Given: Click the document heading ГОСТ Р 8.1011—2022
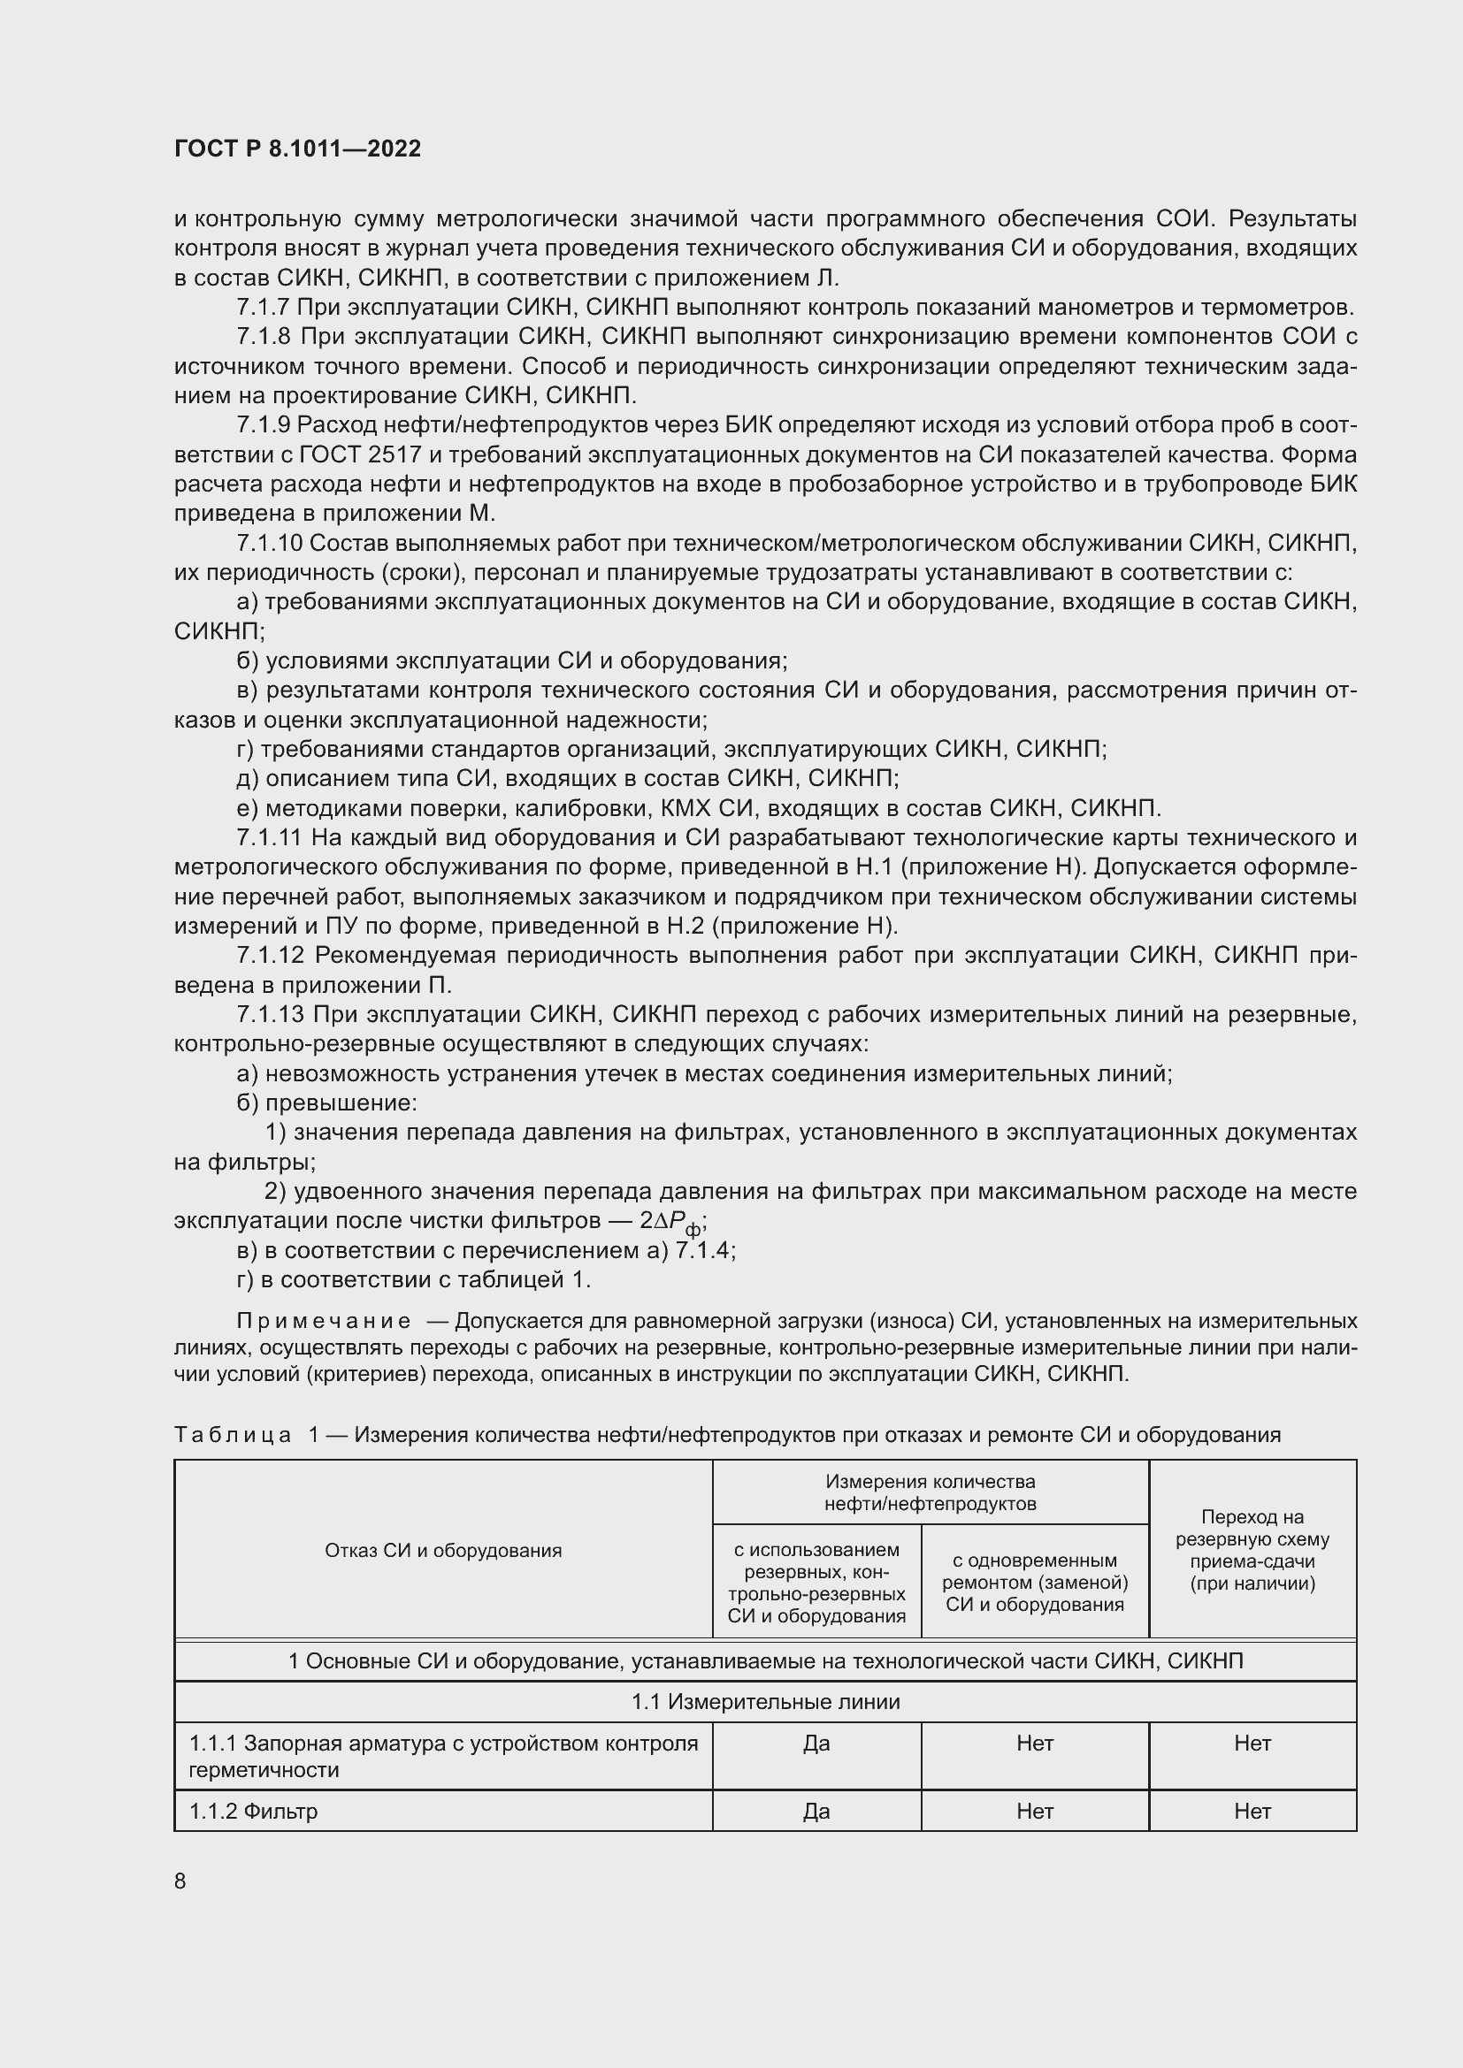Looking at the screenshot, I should click(297, 149).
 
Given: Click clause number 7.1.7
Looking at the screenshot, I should click(263, 307).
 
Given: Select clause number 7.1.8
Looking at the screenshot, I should click(264, 337).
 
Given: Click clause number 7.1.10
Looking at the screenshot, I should click(269, 543).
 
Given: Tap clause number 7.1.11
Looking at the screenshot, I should click(269, 837).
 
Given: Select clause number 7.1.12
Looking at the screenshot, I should click(270, 956).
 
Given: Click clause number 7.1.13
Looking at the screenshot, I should click(270, 1015).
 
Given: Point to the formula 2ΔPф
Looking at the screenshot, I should click(671, 1222).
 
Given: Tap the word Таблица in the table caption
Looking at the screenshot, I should click(233, 1435).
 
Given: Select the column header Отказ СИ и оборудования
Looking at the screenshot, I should click(442, 1551).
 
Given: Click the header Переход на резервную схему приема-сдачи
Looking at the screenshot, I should click(1252, 1551).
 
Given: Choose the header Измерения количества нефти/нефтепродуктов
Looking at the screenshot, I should click(930, 1492).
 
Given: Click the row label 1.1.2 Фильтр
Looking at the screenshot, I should click(253, 1812).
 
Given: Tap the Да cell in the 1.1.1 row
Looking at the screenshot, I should click(816, 1744).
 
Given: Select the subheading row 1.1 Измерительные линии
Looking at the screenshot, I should click(765, 1702).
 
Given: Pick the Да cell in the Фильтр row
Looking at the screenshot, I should click(816, 1812).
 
